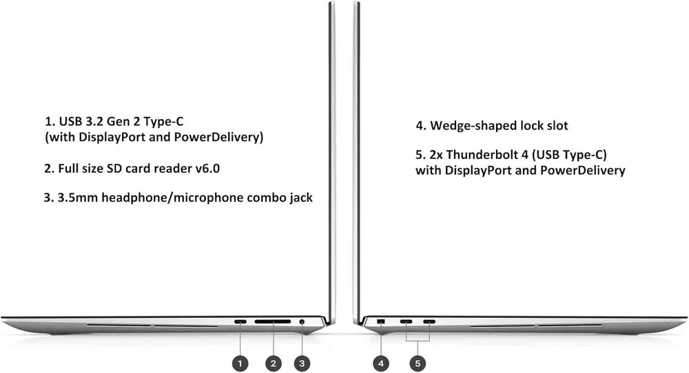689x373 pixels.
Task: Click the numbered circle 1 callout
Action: coord(240,363)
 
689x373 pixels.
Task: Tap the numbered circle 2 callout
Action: coord(274,363)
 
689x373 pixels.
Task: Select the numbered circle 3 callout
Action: coord(302,363)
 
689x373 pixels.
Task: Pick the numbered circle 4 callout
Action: coord(382,363)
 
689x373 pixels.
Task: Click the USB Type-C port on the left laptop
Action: coord(240,321)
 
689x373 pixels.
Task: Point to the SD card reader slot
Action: coord(272,321)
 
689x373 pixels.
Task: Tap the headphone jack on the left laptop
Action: coord(302,321)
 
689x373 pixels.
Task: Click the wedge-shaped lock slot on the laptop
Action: coord(382,321)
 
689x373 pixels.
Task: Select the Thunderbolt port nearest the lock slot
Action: coord(407,321)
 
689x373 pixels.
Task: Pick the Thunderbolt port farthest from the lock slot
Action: coord(430,321)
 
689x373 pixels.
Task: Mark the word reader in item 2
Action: coord(170,167)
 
